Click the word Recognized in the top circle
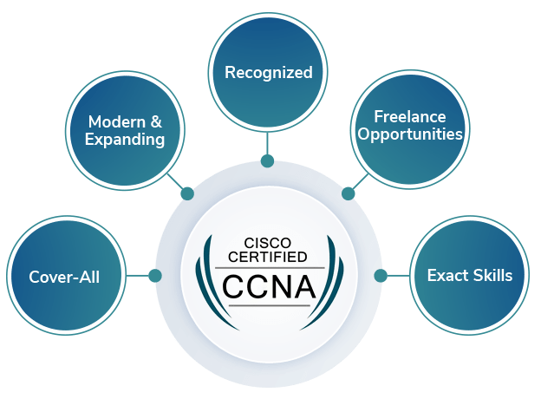268,73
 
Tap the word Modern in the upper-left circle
115,121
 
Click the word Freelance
409,116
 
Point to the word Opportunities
409,134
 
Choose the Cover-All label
64,278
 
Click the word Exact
446,276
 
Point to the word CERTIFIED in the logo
268,257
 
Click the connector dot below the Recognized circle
267,160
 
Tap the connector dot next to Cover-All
155,276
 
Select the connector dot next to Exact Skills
381,276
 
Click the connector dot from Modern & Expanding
187,193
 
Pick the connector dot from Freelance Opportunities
349,193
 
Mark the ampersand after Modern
156,121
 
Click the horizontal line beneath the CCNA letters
268,305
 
